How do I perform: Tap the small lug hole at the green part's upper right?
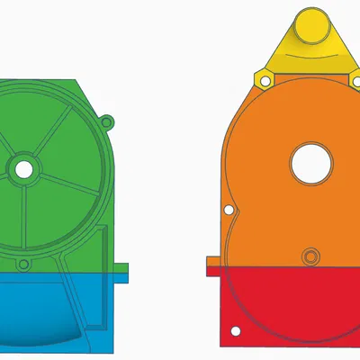(107, 121)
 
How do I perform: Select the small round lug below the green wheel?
(24, 266)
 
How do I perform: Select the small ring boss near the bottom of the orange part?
(310, 255)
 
